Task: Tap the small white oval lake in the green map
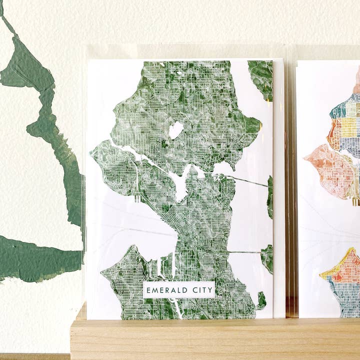(175, 130)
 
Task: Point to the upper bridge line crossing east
(247, 180)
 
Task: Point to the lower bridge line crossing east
(245, 252)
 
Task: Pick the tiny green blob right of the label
(261, 300)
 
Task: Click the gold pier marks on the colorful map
(355, 201)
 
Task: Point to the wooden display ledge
(215, 340)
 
